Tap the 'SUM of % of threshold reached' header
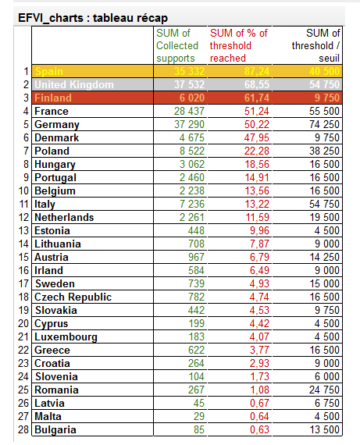[238, 45]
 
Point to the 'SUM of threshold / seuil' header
[315, 45]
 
